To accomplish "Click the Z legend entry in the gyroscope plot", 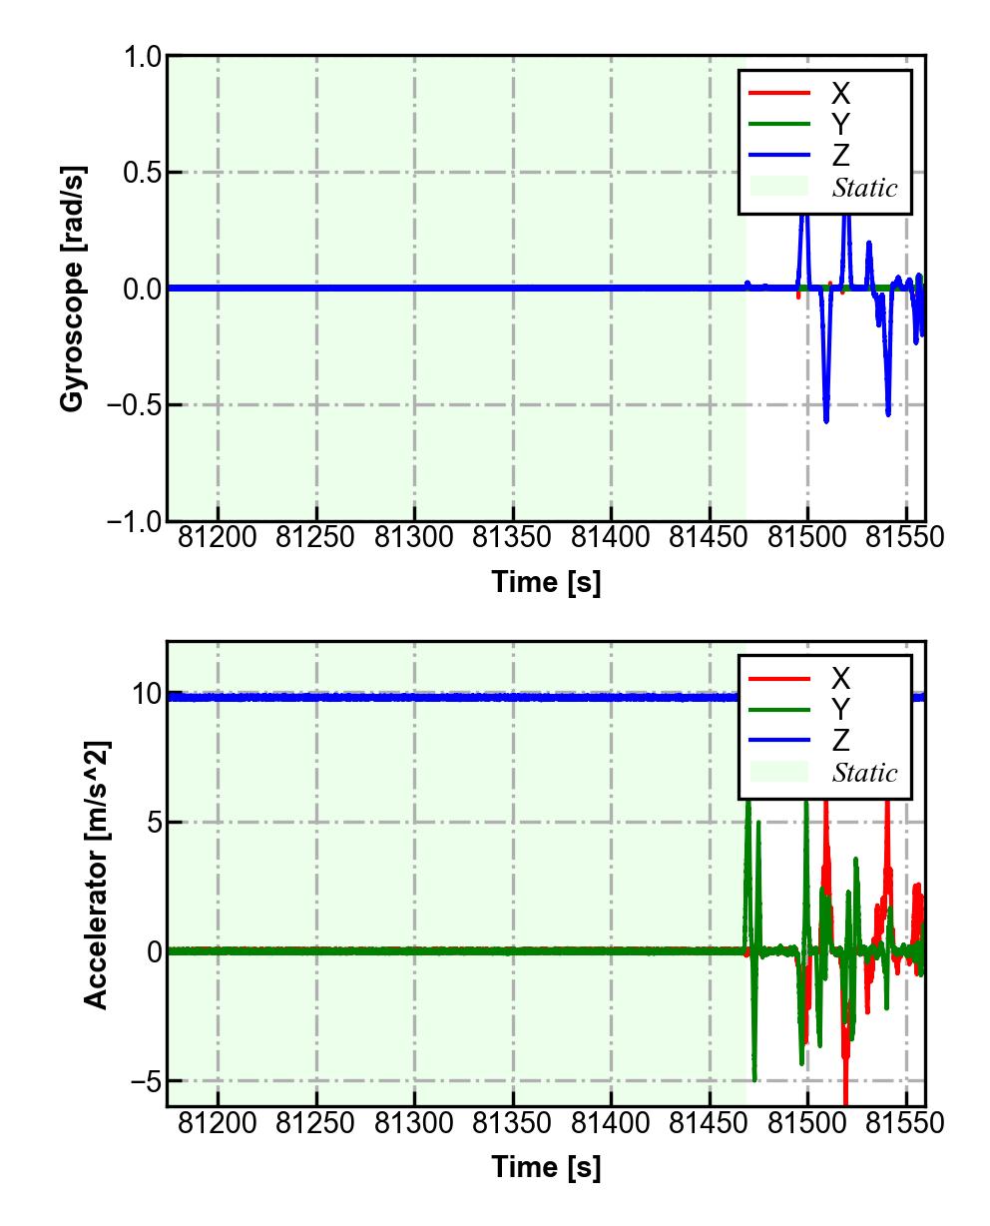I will pyautogui.click(x=840, y=156).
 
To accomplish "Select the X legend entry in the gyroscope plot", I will pyautogui.click(x=840, y=94).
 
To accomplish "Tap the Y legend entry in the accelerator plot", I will pyautogui.click(x=840, y=710).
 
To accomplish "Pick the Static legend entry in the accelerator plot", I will pyautogui.click(x=864, y=773).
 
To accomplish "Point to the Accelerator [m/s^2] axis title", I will pyautogui.click(x=96, y=874).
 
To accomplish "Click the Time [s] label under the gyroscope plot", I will pyautogui.click(x=546, y=582).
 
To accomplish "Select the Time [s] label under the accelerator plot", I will pyautogui.click(x=546, y=1167).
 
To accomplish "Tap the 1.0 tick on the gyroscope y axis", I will pyautogui.click(x=143, y=57).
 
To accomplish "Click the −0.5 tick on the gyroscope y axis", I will pyautogui.click(x=136, y=405).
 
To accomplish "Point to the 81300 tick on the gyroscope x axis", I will pyautogui.click(x=414, y=537).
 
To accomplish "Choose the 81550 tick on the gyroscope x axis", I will pyautogui.click(x=904, y=537).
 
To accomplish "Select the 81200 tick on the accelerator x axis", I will pyautogui.click(x=218, y=1123).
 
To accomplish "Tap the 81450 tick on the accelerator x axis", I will pyautogui.click(x=710, y=1123).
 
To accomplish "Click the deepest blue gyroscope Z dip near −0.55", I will pyautogui.click(x=826, y=420).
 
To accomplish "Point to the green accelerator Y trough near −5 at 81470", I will pyautogui.click(x=754, y=1079).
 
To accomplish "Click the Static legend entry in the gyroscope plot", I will pyautogui.click(x=864, y=188).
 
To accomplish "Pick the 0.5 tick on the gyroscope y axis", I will pyautogui.click(x=143, y=173).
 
